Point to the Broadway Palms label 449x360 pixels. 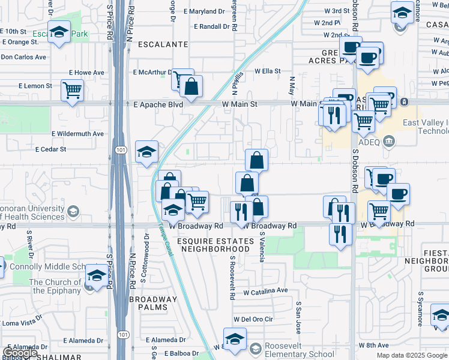[154, 303]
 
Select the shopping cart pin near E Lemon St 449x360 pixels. [73, 91]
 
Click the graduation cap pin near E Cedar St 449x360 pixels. [146, 152]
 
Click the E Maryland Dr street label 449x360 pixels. [208, 11]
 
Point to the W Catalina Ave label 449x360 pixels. [266, 291]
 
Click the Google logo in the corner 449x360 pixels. [20, 353]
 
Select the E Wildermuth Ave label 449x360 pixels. [77, 134]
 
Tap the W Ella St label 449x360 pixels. [267, 71]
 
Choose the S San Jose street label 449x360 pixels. [298, 318]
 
